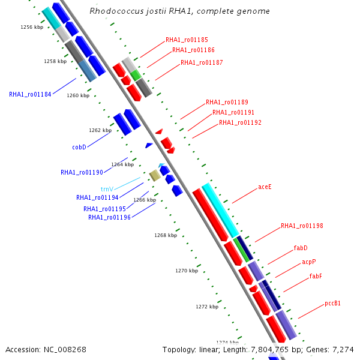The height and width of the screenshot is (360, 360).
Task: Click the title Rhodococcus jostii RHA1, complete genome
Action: (179, 11)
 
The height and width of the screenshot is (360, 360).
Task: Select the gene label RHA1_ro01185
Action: (187, 40)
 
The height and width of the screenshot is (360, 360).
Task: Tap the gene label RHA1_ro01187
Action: (202, 62)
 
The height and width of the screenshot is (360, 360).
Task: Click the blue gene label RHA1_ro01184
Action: (30, 94)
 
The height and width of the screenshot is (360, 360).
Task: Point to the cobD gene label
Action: (79, 147)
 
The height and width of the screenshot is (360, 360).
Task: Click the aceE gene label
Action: (265, 187)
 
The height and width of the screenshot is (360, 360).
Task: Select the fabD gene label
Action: (301, 248)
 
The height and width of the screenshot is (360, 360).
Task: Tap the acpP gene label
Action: (308, 262)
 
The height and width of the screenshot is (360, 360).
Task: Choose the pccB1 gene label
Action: (333, 304)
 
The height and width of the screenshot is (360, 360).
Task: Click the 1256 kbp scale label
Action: (32, 27)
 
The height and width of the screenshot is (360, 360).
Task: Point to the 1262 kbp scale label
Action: (100, 130)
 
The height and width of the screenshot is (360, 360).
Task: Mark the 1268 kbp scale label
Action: (166, 235)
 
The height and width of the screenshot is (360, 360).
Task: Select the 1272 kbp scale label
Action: (207, 307)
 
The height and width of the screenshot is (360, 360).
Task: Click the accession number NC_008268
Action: (46, 349)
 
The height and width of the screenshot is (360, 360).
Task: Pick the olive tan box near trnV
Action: (155, 175)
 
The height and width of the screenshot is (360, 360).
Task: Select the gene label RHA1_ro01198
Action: (302, 226)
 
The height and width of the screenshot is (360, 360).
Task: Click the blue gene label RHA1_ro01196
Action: (109, 217)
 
